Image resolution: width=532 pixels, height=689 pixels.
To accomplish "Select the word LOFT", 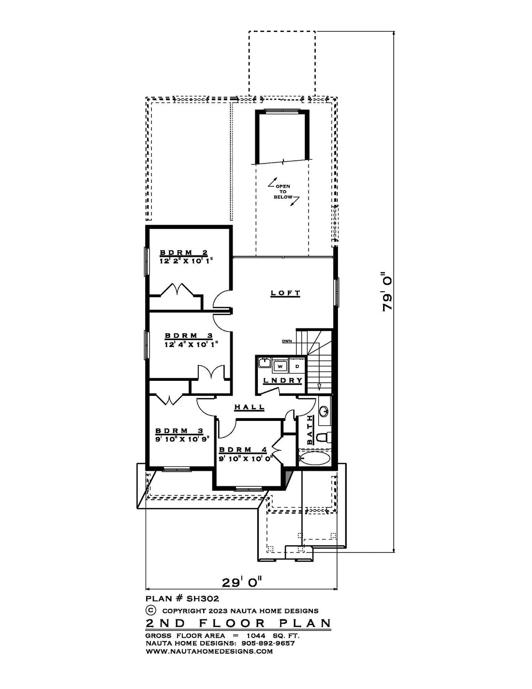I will (285, 293).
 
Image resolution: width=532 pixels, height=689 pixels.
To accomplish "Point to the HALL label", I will (250, 407).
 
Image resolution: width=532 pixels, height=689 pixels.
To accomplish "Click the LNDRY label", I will (282, 380).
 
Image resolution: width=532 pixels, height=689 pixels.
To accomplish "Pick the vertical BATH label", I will (310, 430).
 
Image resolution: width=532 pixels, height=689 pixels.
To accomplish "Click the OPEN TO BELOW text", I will (283, 192).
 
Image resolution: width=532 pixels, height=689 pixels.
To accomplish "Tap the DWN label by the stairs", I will (287, 341).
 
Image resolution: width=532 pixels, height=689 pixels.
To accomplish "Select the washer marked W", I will (280, 366).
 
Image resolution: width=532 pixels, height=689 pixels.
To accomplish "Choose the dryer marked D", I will (297, 366).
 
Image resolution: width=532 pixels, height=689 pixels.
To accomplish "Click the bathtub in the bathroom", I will (314, 458).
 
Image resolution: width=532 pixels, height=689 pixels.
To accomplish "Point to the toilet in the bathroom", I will (322, 437).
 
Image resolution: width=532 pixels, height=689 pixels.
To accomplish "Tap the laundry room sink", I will (264, 362).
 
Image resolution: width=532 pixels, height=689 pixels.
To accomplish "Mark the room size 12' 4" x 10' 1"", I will (192, 344).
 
